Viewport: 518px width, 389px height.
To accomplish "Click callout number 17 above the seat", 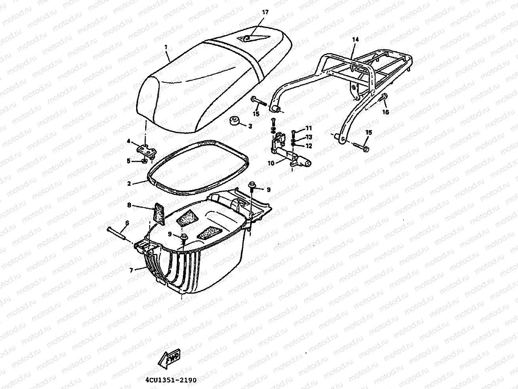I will pyautogui.click(x=265, y=12).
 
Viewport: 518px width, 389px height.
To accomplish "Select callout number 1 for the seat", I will pyautogui.click(x=166, y=47).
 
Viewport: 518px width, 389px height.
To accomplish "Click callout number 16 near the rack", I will pyautogui.click(x=386, y=112).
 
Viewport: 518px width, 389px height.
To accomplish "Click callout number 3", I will pyautogui.click(x=250, y=126).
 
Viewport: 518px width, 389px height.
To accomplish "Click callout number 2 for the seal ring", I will pyautogui.click(x=129, y=184).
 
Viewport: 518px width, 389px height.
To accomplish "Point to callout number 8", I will pyautogui.click(x=129, y=205).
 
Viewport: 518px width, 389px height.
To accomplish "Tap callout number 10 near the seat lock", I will pyautogui.click(x=271, y=163).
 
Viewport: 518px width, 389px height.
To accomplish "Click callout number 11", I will pyautogui.click(x=309, y=128).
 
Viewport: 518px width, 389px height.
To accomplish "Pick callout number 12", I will pyautogui.click(x=309, y=146).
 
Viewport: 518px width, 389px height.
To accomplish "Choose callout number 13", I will pyautogui.click(x=309, y=137).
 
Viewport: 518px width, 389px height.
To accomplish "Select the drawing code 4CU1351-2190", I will pyautogui.click(x=171, y=380).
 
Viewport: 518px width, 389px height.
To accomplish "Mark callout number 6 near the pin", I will pyautogui.click(x=127, y=223).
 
